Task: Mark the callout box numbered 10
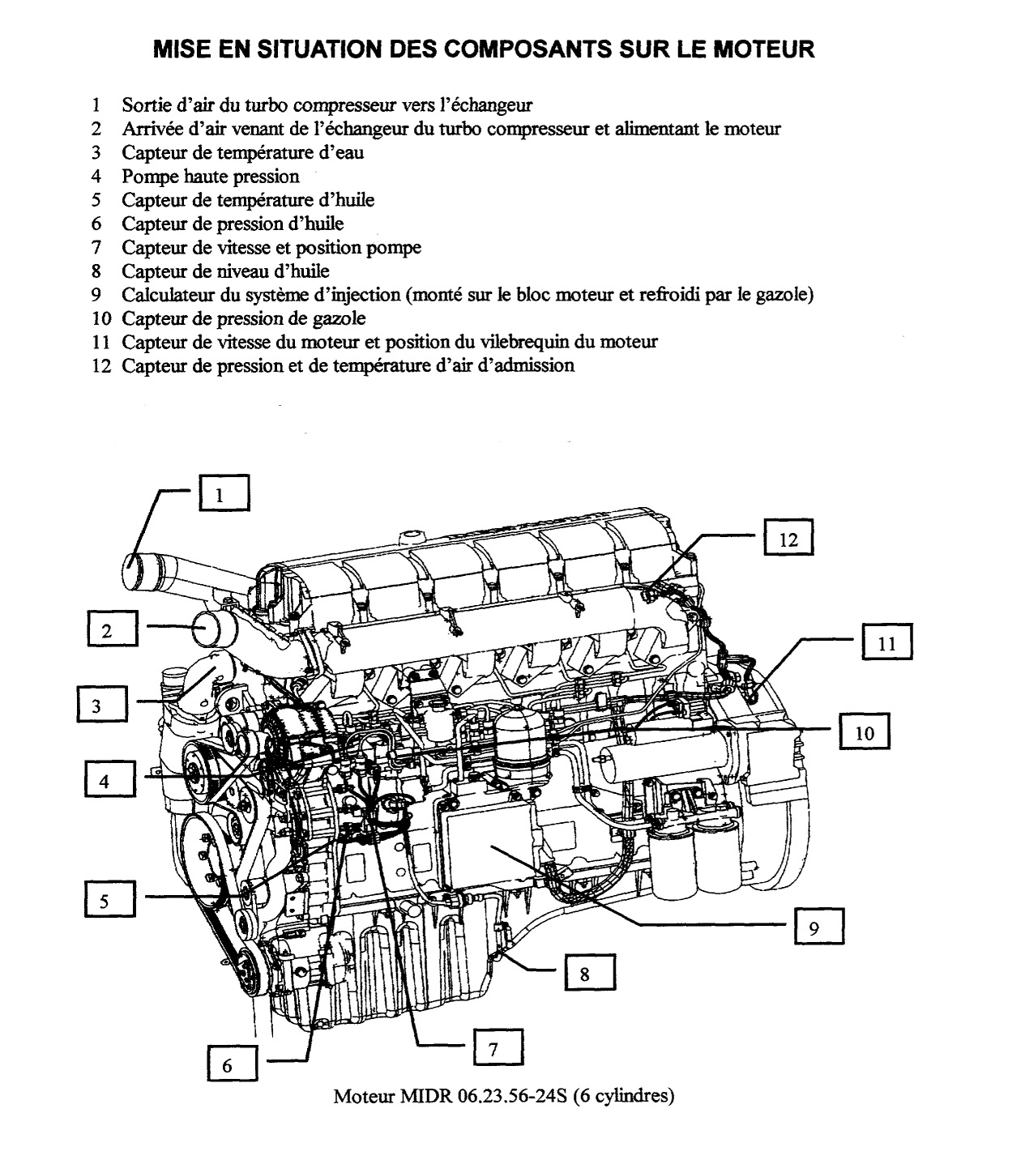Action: coord(865,731)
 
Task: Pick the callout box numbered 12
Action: coord(788,538)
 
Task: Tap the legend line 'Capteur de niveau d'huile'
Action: coord(225,271)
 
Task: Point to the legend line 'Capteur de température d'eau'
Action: coord(242,152)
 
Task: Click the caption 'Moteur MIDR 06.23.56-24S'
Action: coord(503,1097)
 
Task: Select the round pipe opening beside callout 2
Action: coord(210,627)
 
